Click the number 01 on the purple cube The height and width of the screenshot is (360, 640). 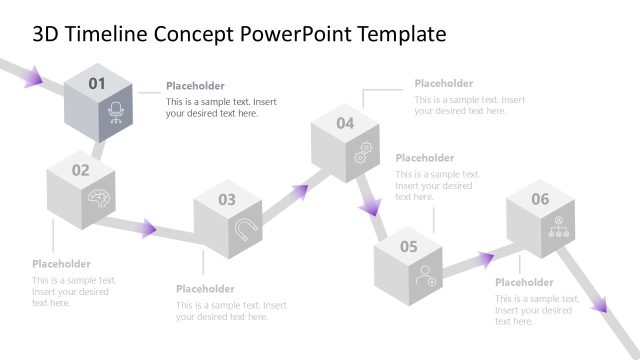point(97,84)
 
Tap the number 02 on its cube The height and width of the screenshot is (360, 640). point(80,170)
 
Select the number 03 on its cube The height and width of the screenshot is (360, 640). point(227,200)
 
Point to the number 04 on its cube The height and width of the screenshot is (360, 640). point(345,123)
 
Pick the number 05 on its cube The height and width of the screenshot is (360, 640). point(409,246)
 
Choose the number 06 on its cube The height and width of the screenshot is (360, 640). point(540,199)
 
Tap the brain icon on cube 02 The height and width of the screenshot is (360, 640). point(98,197)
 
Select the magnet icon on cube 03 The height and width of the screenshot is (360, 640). point(244,230)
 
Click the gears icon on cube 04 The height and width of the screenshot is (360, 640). point(363,151)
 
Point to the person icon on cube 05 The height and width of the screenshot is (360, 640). point(427,273)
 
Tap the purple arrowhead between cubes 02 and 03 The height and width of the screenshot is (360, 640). point(148,228)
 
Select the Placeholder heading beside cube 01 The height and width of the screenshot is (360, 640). point(195,86)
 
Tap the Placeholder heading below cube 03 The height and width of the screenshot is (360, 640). point(205,289)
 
